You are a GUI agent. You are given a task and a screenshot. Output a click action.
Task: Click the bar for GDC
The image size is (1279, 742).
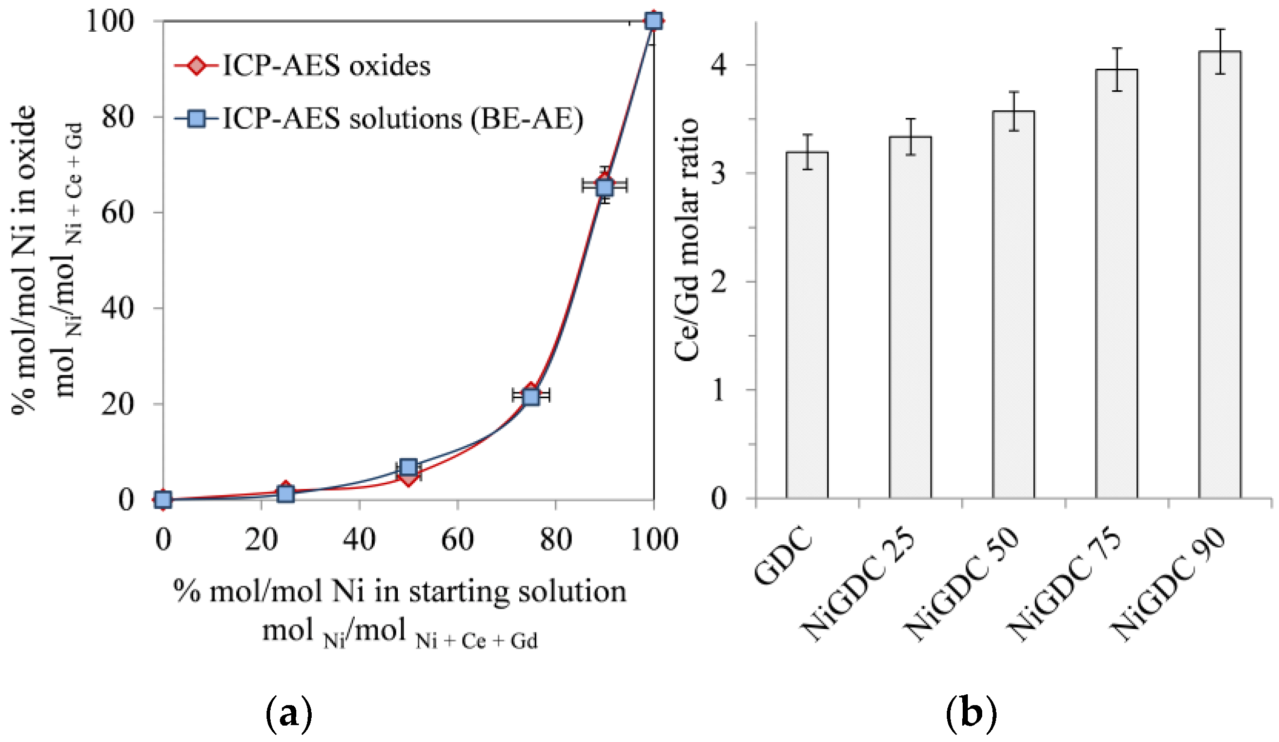coord(807,325)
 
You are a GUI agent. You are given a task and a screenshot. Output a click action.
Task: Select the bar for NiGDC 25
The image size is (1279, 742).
coord(910,317)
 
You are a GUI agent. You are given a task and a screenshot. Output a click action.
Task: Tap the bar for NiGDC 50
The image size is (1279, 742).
coord(1013,304)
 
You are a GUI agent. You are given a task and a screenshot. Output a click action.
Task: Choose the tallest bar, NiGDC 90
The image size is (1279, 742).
coord(1220,275)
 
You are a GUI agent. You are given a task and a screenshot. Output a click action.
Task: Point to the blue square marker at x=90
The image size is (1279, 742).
coord(605,187)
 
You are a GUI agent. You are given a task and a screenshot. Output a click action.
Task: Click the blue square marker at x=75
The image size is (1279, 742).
coord(531,396)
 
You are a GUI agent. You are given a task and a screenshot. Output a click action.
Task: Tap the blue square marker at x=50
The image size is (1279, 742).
coord(409,467)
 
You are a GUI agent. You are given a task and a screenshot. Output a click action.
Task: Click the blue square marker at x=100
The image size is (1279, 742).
coord(654,21)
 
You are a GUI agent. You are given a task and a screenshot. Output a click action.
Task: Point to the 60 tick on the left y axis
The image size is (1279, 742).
coord(118,213)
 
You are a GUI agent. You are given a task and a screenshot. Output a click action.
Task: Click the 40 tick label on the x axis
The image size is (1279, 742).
coord(359,540)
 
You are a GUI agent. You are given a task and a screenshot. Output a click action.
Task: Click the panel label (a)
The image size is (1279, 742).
coord(289,714)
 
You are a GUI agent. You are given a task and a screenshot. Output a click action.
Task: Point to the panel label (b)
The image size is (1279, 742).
coord(971,714)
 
